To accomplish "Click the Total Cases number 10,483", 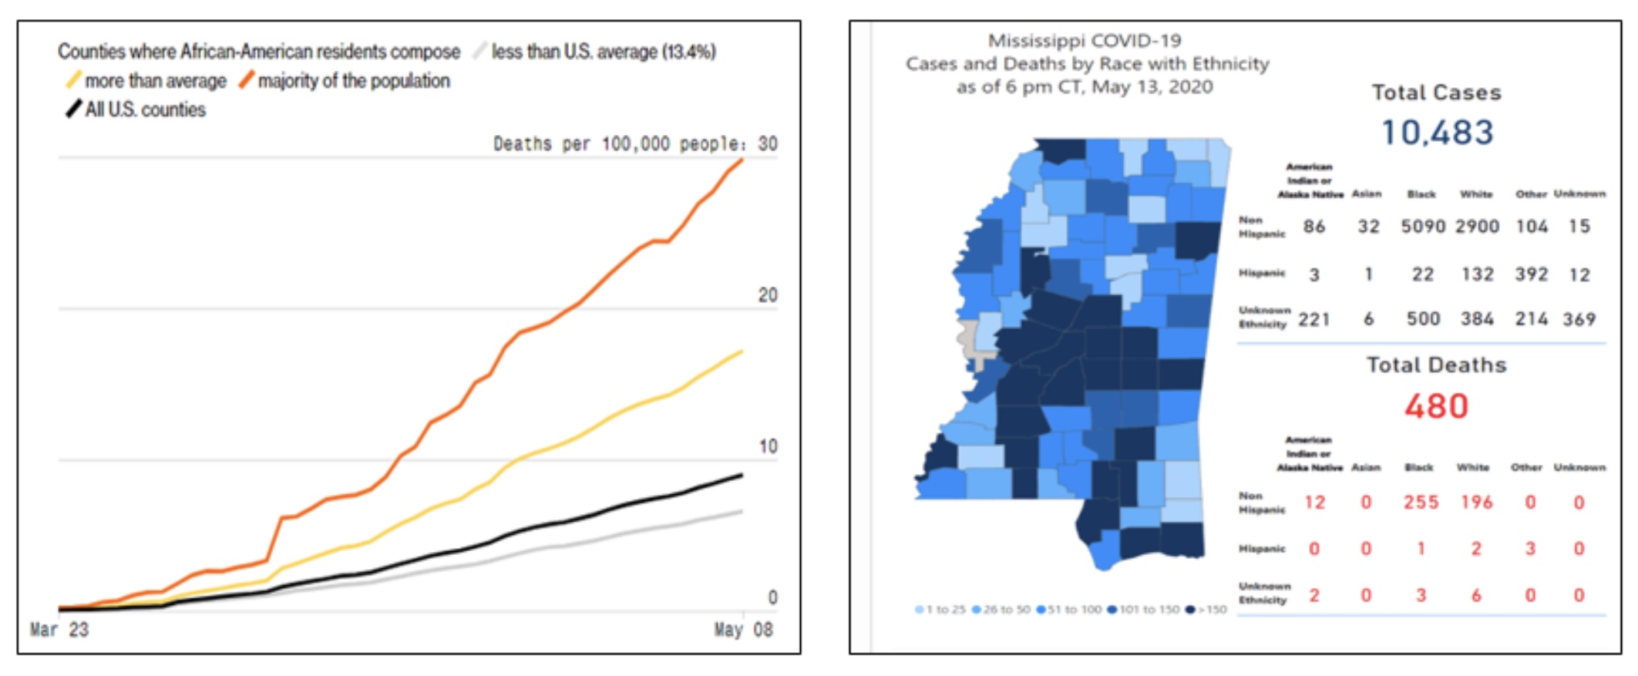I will (1437, 133).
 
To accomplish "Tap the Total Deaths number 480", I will (1436, 406).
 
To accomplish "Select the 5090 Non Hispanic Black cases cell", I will (1422, 227).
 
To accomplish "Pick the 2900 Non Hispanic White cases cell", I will (1477, 227).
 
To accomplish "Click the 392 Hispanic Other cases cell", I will (1531, 274).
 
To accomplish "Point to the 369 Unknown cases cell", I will (1579, 319).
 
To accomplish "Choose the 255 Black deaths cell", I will (1421, 503).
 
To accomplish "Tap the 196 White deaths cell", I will (1476, 503).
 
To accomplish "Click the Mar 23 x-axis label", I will (59, 630).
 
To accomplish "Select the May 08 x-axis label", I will (743, 630).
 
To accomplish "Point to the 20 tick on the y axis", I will (768, 295).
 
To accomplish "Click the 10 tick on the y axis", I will (768, 446).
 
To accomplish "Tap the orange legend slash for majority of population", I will (247, 80).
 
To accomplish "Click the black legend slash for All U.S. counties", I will (74, 109).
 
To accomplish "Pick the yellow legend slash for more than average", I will (74, 80).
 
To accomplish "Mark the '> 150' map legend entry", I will (1208, 610).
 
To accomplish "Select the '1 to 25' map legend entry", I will (940, 610).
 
